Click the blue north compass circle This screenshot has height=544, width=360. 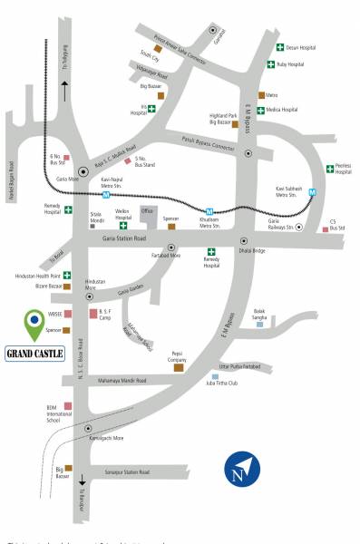click(242, 467)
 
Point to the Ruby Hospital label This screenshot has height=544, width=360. click(292, 63)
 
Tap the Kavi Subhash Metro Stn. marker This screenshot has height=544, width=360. click(313, 192)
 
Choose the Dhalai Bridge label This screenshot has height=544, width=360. click(252, 250)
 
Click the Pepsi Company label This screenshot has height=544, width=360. click(177, 356)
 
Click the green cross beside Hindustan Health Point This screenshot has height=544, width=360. click(67, 275)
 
